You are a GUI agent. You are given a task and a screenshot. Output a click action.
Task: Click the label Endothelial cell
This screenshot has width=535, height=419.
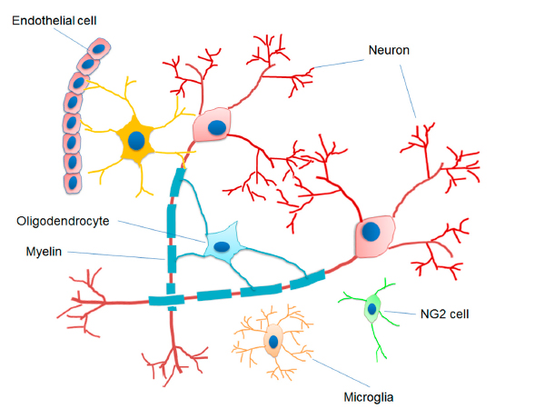(54, 21)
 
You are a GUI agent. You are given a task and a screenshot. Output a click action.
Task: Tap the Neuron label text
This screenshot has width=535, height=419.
(389, 50)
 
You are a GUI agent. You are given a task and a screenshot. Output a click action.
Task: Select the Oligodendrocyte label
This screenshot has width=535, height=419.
(63, 221)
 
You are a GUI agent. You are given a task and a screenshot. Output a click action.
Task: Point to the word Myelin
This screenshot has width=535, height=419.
(44, 252)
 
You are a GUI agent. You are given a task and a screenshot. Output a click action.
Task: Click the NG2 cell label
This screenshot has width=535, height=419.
(444, 314)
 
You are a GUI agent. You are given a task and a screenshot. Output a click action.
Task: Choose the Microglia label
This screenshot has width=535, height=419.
(369, 397)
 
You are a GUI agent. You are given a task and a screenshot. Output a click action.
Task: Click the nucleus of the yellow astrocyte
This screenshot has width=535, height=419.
(136, 140)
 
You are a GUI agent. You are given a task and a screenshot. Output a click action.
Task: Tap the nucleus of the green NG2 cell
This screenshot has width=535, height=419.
(372, 309)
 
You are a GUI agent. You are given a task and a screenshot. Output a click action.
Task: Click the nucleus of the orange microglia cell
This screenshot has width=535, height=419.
(273, 342)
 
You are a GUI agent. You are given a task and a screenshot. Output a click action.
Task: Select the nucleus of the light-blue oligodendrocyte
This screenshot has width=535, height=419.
(222, 246)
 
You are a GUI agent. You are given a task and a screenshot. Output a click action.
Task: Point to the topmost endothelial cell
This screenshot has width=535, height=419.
(99, 49)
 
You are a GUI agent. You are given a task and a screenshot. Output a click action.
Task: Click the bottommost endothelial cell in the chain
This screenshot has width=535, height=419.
(73, 183)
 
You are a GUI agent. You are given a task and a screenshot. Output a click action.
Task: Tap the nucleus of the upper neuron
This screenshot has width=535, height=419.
(217, 128)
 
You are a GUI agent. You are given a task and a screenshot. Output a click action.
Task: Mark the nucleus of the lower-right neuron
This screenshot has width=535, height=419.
(371, 231)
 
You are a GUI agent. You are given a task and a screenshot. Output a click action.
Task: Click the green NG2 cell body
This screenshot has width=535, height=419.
(372, 309)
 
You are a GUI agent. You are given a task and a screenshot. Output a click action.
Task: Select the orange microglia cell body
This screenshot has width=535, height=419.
(273, 341)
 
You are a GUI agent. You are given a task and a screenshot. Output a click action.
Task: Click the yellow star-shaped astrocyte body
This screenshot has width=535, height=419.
(136, 141)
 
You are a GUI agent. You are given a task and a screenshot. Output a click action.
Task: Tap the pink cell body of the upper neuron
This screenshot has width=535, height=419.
(213, 125)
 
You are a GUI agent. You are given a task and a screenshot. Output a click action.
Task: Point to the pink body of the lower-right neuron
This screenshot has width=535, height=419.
(374, 236)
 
